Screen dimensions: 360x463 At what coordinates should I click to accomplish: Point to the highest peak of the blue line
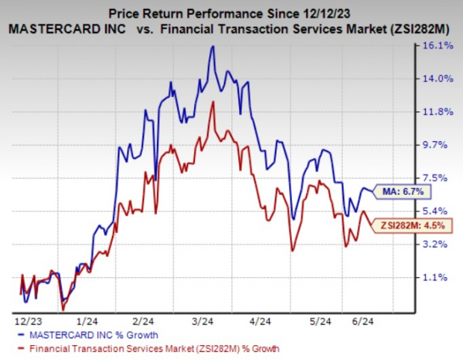tap(214, 46)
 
